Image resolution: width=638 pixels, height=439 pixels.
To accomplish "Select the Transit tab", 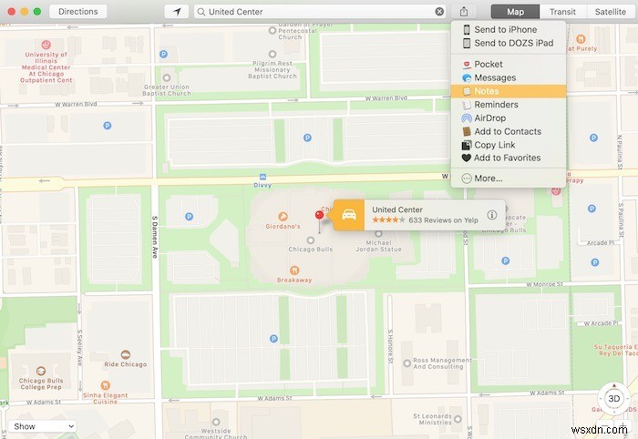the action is pyautogui.click(x=562, y=12).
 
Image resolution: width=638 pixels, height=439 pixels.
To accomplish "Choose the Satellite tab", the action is pyautogui.click(x=611, y=12).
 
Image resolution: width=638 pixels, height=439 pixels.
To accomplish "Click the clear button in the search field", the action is pyautogui.click(x=439, y=12).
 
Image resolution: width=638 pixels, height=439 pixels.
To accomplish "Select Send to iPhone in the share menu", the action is pyautogui.click(x=505, y=30).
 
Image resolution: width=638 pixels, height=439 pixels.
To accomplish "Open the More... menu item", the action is pyautogui.click(x=488, y=179).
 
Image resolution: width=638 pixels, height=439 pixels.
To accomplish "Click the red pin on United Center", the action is pyautogui.click(x=319, y=216).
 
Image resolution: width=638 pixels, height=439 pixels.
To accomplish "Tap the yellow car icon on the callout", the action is pyautogui.click(x=349, y=215).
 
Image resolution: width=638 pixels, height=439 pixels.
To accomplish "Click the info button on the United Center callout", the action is pyautogui.click(x=492, y=215).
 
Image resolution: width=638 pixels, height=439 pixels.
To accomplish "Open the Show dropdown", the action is pyautogui.click(x=43, y=426).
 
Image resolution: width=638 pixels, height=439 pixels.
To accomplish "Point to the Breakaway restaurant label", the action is pyautogui.click(x=294, y=280).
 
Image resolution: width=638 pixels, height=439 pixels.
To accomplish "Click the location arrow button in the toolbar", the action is pyautogui.click(x=176, y=12).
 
